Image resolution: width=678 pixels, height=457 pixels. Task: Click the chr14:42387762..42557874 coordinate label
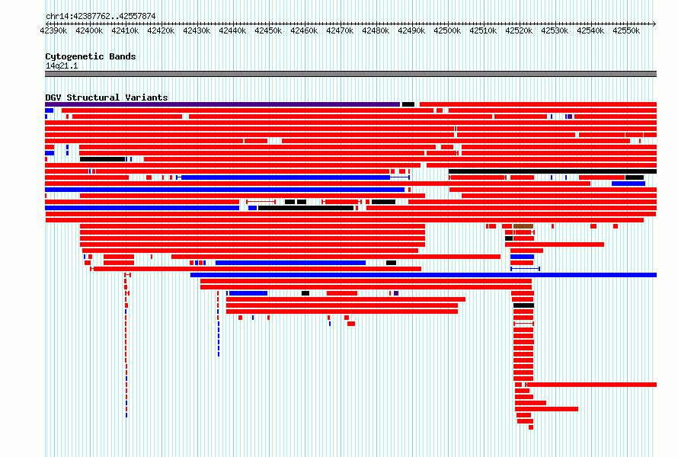(x=101, y=17)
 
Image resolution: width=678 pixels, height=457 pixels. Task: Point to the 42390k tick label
(x=53, y=31)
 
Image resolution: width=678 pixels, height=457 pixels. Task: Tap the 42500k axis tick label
(x=447, y=31)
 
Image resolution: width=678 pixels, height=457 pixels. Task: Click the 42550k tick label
(x=626, y=31)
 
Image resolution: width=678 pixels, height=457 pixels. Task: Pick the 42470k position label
(x=340, y=31)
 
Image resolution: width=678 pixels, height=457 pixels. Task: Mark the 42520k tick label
(x=519, y=31)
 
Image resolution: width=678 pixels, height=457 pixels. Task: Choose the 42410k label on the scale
(x=126, y=31)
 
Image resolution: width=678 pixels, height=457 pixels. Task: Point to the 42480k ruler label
(x=376, y=31)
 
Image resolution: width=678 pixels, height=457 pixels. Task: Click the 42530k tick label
(x=555, y=31)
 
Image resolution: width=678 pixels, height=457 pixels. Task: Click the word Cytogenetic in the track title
(x=75, y=56)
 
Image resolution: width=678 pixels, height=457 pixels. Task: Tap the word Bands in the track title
(x=123, y=56)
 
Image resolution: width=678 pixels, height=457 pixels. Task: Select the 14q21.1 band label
(x=62, y=66)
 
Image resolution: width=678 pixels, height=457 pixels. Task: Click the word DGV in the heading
(x=53, y=97)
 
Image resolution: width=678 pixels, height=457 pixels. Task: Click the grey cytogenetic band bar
(x=350, y=74)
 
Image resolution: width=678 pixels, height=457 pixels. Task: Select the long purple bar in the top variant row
(x=222, y=104)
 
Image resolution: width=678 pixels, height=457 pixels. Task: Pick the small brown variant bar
(x=523, y=226)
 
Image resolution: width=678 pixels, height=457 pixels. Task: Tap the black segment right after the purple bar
(x=408, y=104)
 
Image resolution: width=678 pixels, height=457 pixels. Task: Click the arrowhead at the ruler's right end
(x=654, y=24)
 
